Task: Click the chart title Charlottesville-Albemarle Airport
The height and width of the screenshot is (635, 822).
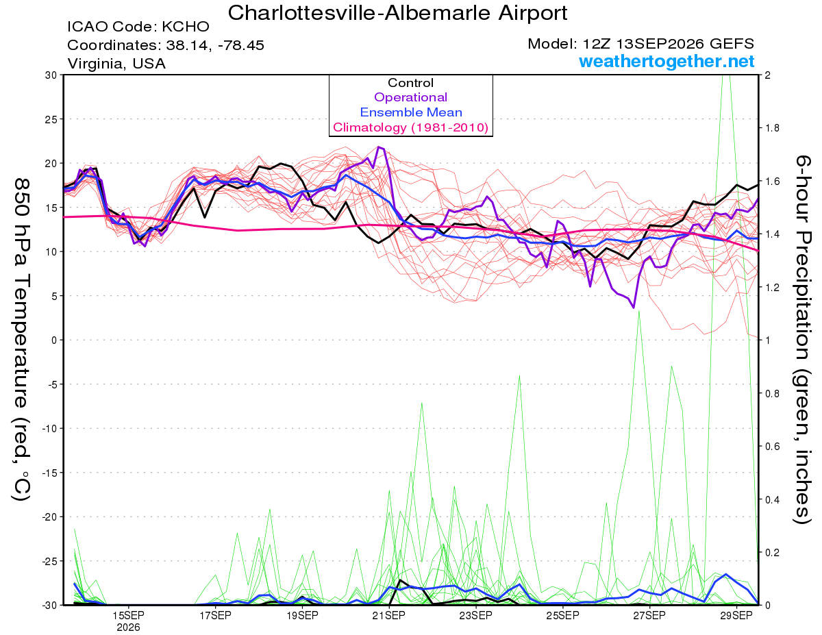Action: (x=397, y=13)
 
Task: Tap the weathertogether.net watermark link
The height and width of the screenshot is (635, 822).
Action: (x=667, y=61)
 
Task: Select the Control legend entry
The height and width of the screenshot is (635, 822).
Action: (x=410, y=83)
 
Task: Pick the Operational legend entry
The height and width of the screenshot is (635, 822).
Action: (x=410, y=97)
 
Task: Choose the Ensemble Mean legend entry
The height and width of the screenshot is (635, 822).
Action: (x=411, y=112)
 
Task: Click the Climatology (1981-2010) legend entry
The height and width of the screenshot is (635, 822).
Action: (x=411, y=127)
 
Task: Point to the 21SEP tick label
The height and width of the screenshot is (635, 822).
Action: (x=388, y=616)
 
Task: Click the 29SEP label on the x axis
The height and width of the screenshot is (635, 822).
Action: (x=736, y=616)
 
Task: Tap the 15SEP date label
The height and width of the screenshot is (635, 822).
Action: (x=128, y=616)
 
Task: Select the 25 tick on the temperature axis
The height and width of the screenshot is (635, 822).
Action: (x=51, y=119)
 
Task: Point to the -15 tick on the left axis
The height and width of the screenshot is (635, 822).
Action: (x=49, y=473)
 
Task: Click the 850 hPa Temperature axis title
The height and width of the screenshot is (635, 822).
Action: (x=21, y=340)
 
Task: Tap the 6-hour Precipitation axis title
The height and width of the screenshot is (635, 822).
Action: (x=802, y=339)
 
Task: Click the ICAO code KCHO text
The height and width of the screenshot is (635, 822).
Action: (x=138, y=27)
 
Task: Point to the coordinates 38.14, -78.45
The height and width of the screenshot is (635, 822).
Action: (x=166, y=45)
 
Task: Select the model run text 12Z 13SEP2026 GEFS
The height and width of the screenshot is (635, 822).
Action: (x=640, y=44)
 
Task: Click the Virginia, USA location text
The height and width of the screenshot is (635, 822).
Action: (x=116, y=64)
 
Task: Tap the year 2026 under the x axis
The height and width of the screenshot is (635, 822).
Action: (x=128, y=628)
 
